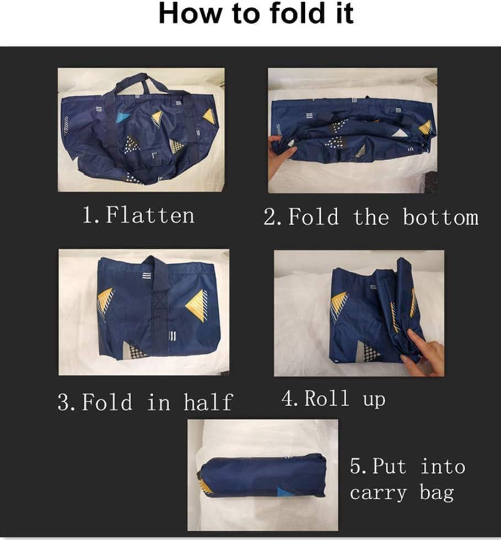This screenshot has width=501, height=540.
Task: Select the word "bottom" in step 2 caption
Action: pos(441,217)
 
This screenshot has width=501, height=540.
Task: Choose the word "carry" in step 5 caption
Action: pos(378,493)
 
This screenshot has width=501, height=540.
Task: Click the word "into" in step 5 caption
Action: pos(443,467)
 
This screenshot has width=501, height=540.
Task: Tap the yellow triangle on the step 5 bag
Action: pos(207,486)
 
